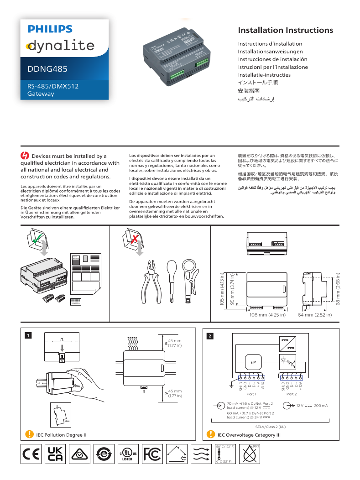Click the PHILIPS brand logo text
(x=50, y=29)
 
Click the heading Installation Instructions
(x=285, y=31)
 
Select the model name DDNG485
(x=47, y=69)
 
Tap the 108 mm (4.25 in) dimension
(x=267, y=315)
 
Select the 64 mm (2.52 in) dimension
(x=314, y=315)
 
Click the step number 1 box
(x=28, y=336)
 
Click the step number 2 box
(x=210, y=336)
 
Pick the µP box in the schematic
(x=252, y=362)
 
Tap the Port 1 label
(x=251, y=394)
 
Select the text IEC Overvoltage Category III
(x=249, y=435)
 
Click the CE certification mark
(x=31, y=454)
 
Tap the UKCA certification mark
(x=55, y=454)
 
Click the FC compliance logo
(x=152, y=454)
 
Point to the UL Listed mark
(x=128, y=454)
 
